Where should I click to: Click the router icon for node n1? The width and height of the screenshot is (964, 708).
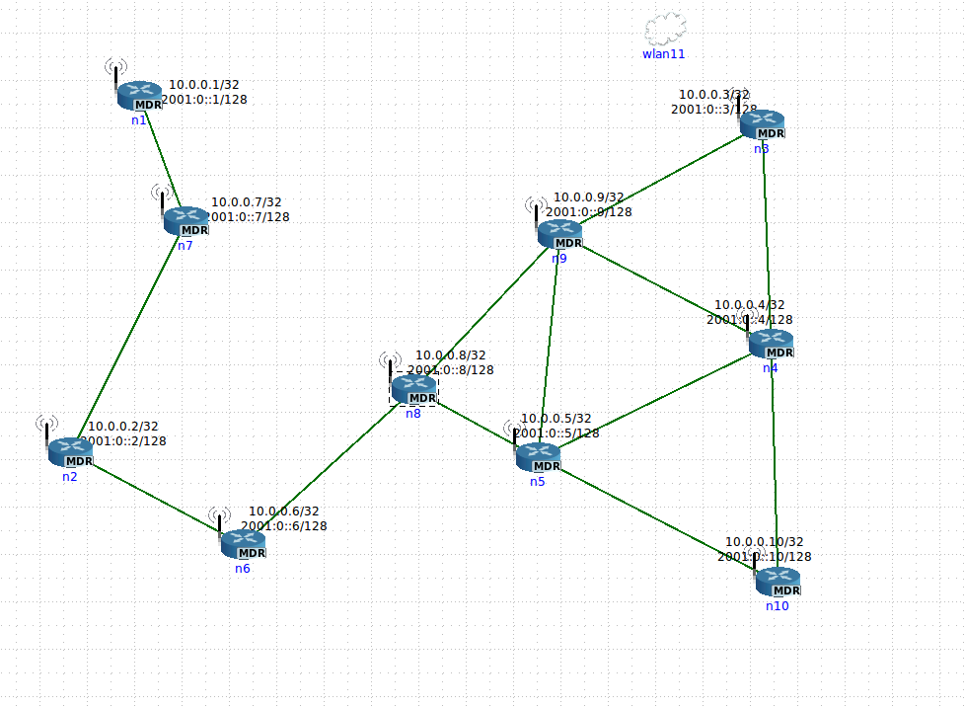click(x=139, y=96)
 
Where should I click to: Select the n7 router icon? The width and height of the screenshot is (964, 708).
click(x=185, y=221)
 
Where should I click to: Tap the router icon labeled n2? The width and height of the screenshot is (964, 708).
click(x=70, y=452)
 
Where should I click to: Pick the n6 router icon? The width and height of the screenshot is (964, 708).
click(x=243, y=544)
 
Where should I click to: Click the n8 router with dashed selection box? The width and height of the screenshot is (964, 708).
click(x=413, y=390)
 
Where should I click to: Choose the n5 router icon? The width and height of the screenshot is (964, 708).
click(x=538, y=457)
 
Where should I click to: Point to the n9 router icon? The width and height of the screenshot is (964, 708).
click(x=559, y=234)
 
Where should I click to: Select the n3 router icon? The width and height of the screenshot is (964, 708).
click(x=762, y=124)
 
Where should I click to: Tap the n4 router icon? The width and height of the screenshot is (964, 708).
click(x=771, y=344)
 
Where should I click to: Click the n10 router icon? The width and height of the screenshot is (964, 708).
click(x=778, y=582)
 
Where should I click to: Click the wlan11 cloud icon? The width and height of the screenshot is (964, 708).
click(x=664, y=28)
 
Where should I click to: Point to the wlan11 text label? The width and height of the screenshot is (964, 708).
click(x=663, y=54)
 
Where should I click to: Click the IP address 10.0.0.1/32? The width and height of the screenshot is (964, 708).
click(x=204, y=85)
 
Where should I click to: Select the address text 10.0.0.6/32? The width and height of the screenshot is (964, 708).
click(x=284, y=511)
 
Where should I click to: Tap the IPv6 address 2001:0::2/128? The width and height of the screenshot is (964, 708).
click(x=123, y=441)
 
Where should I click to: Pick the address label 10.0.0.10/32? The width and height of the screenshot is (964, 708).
click(x=765, y=542)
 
